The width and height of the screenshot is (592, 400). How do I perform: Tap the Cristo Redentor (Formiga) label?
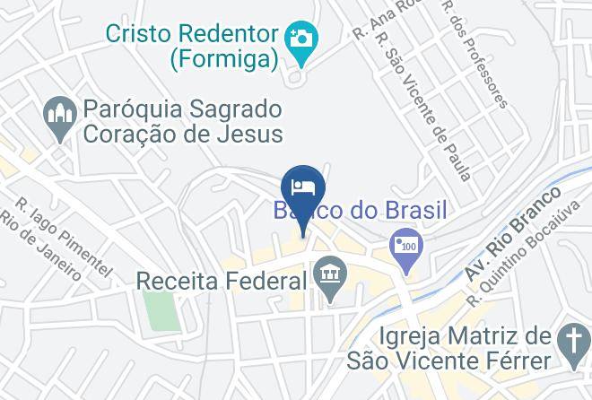click(x=192, y=47)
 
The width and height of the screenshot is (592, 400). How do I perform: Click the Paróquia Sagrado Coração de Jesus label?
click(x=183, y=123)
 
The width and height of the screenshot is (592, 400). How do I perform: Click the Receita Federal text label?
click(x=222, y=281)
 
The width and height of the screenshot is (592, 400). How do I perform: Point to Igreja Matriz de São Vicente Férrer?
click(x=463, y=349)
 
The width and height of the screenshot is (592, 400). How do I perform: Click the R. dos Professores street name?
click(x=474, y=53)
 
